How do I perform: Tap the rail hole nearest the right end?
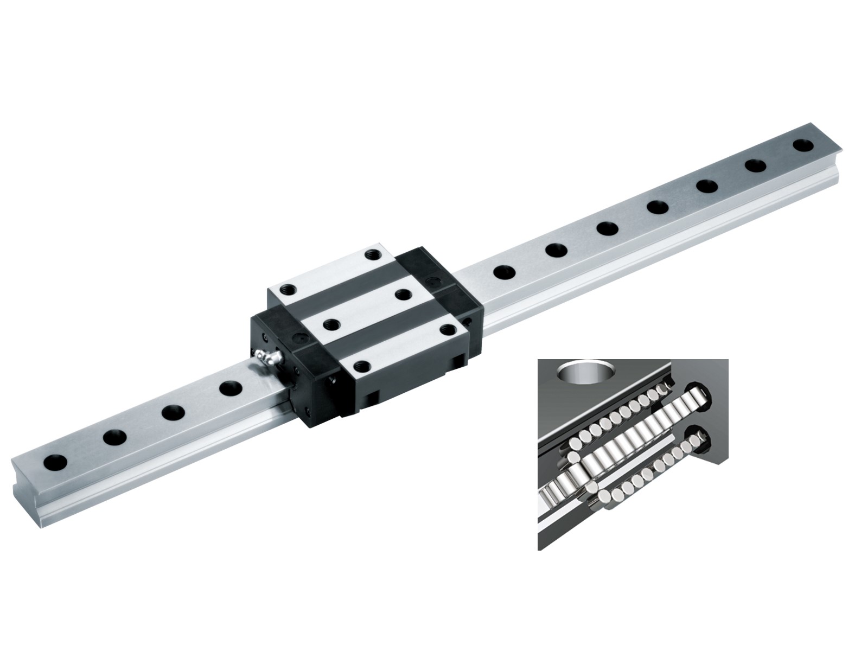[x=803, y=145]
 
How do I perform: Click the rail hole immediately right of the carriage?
[x=504, y=271]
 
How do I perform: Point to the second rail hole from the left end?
[x=114, y=437]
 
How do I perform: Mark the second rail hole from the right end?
[x=755, y=165]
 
